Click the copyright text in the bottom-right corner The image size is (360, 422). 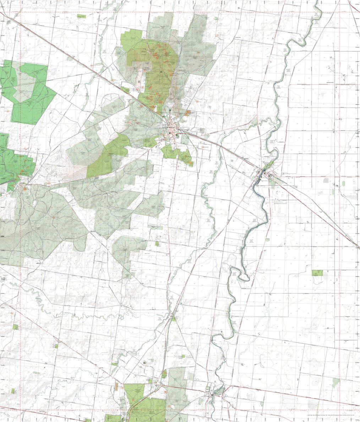[x=331, y=415]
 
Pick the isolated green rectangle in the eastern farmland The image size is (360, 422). [x=317, y=273]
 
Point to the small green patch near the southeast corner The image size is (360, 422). [x=335, y=382]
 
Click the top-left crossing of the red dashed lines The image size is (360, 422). [x=20, y=12]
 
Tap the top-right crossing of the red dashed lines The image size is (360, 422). [x=339, y=12]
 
